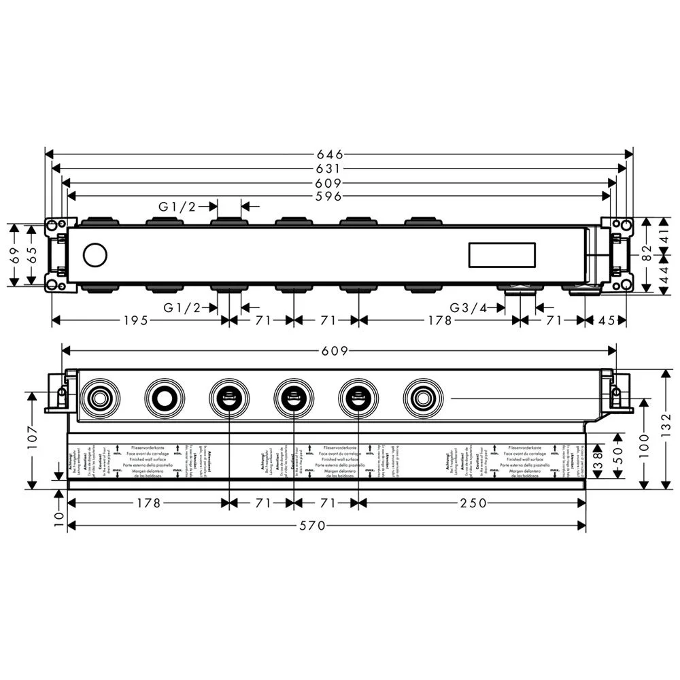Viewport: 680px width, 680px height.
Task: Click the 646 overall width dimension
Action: click(x=339, y=154)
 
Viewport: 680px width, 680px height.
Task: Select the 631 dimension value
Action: click(x=339, y=169)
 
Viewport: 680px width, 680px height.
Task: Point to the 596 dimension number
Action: click(x=339, y=197)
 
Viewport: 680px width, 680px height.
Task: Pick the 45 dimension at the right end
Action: click(x=609, y=321)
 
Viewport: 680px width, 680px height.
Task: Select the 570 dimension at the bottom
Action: click(x=326, y=526)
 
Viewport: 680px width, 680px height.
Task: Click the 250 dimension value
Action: click(x=473, y=503)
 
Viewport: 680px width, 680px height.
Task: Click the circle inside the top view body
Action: click(x=95, y=256)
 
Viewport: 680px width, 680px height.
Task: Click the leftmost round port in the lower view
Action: click(x=99, y=396)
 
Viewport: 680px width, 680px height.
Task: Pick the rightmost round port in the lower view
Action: click(x=422, y=396)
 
